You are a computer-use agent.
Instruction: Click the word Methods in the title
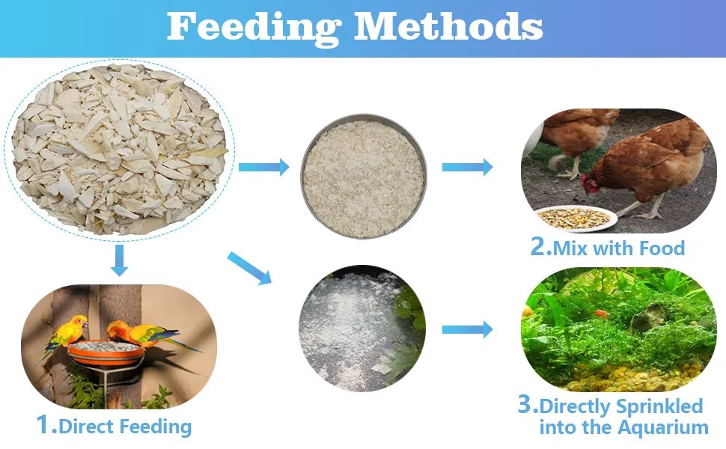(448, 26)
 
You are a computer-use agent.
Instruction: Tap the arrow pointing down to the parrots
(120, 260)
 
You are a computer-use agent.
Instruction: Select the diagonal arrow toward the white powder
(249, 268)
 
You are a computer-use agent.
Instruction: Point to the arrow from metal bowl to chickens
(468, 167)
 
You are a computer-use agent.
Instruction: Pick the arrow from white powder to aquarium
(468, 329)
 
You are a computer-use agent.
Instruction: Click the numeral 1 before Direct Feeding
(43, 424)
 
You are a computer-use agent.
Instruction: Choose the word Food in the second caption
(662, 248)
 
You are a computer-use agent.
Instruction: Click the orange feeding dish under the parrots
(106, 354)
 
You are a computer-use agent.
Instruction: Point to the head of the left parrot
(79, 323)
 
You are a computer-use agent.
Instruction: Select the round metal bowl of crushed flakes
(364, 177)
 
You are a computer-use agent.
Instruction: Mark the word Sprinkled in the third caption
(660, 406)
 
